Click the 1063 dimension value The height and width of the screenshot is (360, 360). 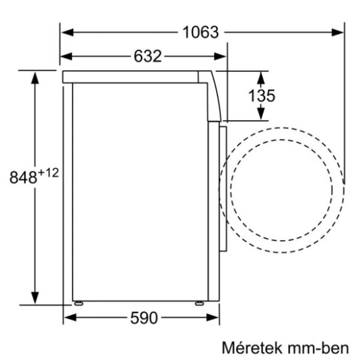point(201,33)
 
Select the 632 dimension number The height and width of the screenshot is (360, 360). point(147,57)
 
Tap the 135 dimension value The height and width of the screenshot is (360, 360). point(261,95)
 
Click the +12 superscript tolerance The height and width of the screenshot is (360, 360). point(48,173)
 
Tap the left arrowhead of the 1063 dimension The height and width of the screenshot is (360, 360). point(66,33)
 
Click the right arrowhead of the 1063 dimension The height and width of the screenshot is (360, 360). point(337,33)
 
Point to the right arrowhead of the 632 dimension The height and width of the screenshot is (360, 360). point(222,57)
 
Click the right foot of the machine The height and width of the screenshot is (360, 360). point(199,303)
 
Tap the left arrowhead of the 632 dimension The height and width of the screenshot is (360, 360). point(66,57)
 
